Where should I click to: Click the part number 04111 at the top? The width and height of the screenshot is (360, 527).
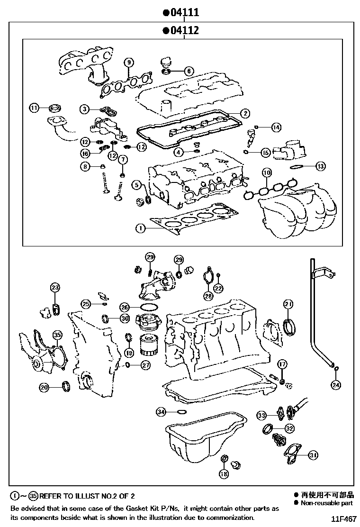(x=181, y=13)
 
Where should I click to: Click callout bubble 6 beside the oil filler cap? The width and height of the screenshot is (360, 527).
(x=188, y=71)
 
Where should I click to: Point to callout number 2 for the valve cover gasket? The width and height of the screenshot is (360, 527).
(x=244, y=113)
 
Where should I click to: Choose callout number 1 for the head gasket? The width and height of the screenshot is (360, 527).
(x=140, y=228)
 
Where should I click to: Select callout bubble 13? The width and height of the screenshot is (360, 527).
(x=321, y=166)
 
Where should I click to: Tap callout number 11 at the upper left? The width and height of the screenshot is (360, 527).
(x=34, y=108)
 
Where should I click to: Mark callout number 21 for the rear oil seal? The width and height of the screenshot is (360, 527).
(x=288, y=303)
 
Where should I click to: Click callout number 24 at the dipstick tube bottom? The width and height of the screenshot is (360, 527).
(x=335, y=384)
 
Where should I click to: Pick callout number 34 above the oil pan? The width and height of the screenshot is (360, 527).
(x=162, y=412)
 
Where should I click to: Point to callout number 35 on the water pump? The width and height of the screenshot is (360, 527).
(x=57, y=335)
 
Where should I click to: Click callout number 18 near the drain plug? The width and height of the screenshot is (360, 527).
(x=224, y=473)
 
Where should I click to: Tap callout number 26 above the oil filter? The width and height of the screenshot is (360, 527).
(x=124, y=307)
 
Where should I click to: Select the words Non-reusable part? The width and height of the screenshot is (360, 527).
(x=326, y=503)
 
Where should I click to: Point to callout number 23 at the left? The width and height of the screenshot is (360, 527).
(x=55, y=288)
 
